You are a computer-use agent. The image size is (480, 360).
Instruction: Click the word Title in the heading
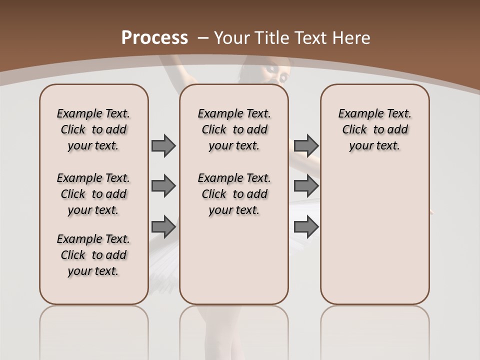pos(270,37)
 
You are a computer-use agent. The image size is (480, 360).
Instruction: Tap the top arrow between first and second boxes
pos(163,145)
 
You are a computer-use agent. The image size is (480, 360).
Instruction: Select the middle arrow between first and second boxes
pos(163,186)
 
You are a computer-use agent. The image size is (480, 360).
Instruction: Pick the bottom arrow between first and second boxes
pos(163,226)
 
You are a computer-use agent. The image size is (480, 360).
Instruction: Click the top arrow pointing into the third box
pos(306,145)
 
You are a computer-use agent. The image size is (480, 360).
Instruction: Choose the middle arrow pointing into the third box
pos(306,186)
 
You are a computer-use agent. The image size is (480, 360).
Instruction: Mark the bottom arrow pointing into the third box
pos(306,226)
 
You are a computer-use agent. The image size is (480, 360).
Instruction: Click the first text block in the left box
pos(93,129)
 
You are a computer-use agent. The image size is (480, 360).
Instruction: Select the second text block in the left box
pos(93,194)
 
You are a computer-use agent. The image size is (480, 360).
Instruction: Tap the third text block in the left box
pos(93,255)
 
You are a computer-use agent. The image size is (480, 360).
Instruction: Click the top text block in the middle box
pos(234,129)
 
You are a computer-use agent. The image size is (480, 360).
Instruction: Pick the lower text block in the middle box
pos(234,194)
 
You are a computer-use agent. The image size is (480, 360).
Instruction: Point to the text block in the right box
pos(374,129)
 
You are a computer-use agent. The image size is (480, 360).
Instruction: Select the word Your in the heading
pos(232,37)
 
